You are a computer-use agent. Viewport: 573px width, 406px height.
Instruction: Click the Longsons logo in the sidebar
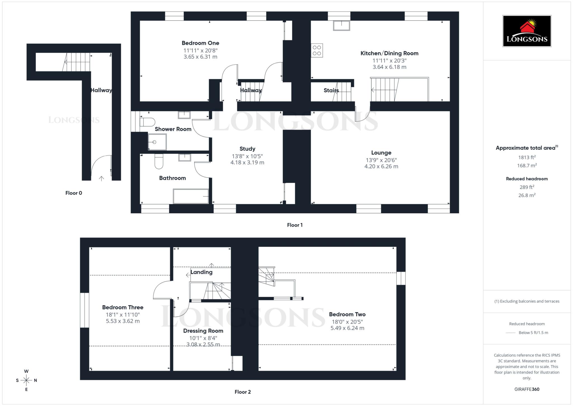click(x=527, y=31)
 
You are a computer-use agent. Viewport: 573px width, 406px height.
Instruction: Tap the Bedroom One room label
click(x=200, y=43)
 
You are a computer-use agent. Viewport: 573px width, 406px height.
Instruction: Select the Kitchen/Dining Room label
click(x=389, y=53)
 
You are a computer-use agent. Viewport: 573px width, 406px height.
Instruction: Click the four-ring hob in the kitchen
click(x=317, y=50)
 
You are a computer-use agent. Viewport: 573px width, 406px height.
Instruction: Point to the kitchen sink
click(x=341, y=25)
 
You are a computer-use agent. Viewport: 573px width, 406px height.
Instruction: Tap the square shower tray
click(x=157, y=142)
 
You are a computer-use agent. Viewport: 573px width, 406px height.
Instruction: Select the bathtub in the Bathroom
click(x=191, y=196)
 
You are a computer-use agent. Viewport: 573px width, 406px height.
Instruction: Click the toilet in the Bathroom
click(x=159, y=162)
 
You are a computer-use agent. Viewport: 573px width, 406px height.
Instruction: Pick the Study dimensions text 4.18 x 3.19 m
click(x=247, y=163)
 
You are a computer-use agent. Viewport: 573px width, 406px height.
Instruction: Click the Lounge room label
click(x=381, y=153)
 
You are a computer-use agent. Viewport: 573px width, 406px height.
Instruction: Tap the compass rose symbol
click(x=26, y=380)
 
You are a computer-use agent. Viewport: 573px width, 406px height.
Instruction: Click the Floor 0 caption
click(x=74, y=193)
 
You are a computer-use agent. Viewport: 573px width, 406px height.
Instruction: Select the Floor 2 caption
click(x=243, y=392)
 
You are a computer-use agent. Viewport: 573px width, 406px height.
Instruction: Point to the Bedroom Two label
click(x=347, y=314)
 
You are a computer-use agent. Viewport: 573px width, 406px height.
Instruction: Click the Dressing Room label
click(x=203, y=331)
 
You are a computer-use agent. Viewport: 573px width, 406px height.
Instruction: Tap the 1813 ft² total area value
click(x=527, y=157)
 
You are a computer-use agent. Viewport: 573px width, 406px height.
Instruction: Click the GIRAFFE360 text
click(x=527, y=389)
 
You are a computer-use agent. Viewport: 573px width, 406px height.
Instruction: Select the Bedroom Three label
click(x=123, y=307)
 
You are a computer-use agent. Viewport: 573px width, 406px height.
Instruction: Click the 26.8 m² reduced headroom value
click(x=527, y=195)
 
